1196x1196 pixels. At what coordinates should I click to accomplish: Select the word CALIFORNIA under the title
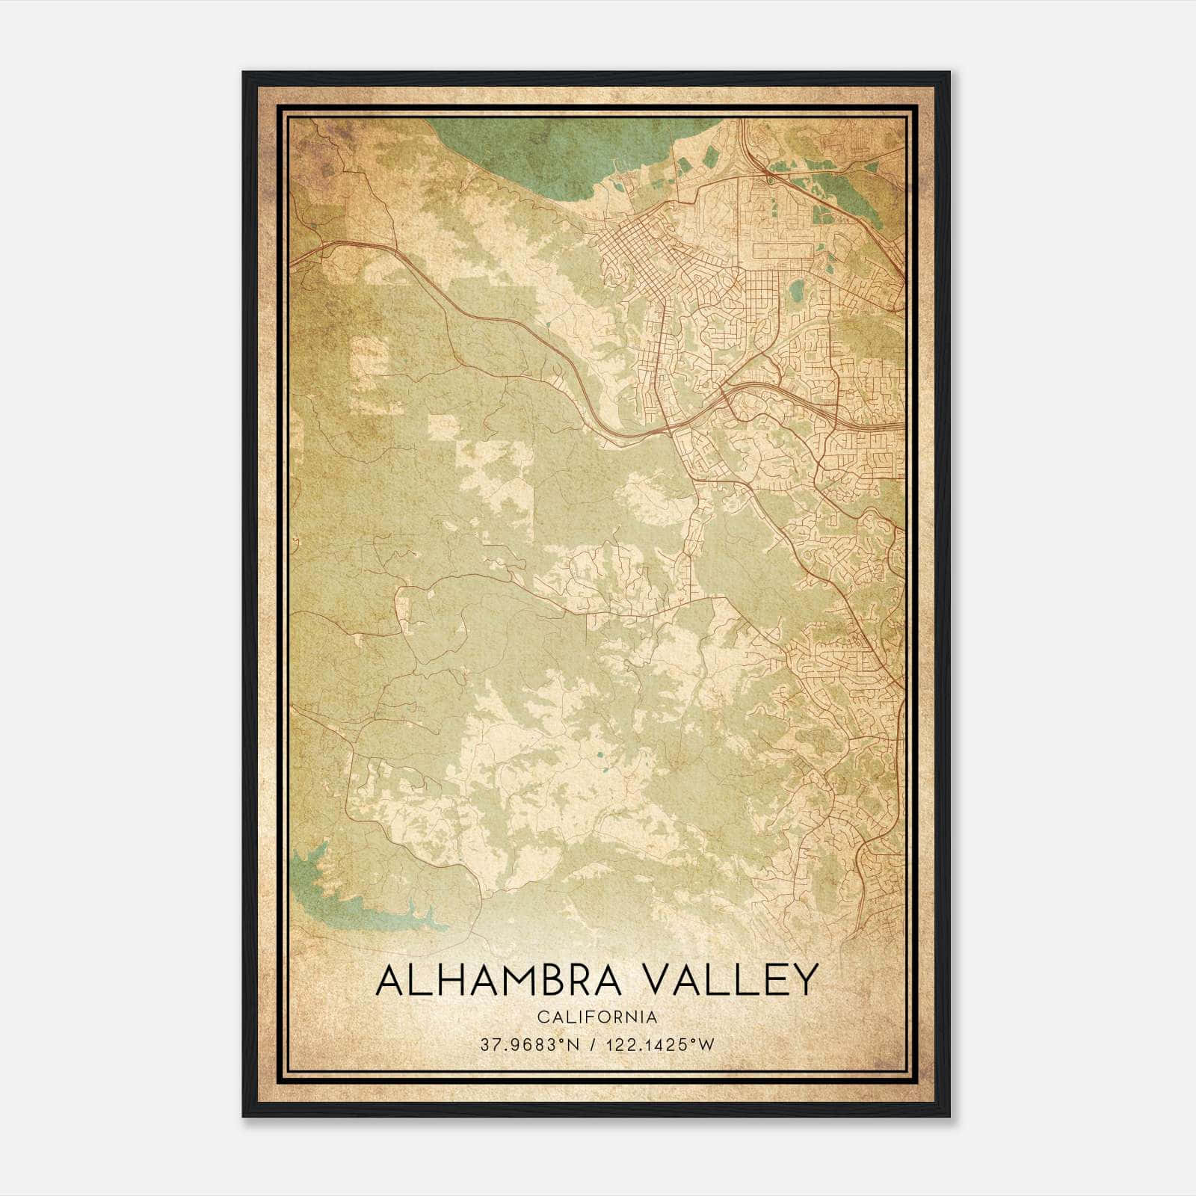tap(597, 1017)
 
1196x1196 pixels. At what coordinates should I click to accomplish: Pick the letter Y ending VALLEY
tap(802, 980)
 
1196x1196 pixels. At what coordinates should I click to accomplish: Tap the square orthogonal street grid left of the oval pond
tap(761, 288)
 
